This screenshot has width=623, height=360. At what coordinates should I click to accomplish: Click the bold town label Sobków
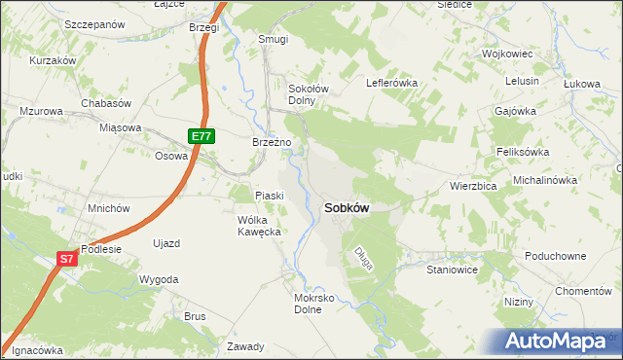[x=345, y=207]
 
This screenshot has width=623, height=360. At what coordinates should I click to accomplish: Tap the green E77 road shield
[x=202, y=137]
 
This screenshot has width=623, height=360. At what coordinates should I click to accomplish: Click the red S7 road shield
[x=66, y=259]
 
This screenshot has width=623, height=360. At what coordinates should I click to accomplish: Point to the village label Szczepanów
[x=95, y=23]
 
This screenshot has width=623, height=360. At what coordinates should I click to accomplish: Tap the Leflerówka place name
[x=391, y=83]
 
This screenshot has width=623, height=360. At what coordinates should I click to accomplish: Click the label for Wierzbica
[x=474, y=185]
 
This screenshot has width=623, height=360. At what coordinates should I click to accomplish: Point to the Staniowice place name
[x=452, y=270]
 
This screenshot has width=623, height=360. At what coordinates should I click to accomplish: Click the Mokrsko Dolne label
[x=313, y=303]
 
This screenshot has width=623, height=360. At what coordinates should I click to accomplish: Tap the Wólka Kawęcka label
[x=259, y=226]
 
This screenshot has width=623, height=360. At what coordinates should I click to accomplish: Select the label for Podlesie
[x=101, y=248]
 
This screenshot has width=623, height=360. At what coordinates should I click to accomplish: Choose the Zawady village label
[x=244, y=346]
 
